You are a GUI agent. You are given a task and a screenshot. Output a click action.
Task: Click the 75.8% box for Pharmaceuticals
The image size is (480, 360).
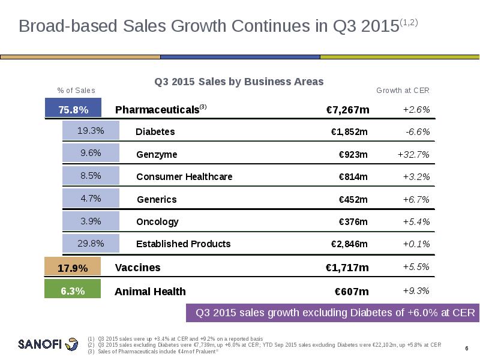point(73,109)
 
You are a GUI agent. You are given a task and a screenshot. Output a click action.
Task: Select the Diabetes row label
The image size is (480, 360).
point(155,131)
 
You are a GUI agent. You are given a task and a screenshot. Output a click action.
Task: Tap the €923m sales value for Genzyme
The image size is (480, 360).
point(353,154)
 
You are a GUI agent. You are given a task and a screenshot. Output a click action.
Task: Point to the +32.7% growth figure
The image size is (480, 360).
point(413,154)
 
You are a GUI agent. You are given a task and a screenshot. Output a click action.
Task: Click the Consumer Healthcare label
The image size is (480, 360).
point(184,176)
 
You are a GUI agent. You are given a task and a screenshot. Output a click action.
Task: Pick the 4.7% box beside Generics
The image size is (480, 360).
point(91,198)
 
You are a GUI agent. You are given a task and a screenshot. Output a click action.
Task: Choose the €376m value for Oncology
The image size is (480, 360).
point(353,221)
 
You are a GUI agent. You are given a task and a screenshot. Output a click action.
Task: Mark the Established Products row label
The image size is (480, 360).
point(183,244)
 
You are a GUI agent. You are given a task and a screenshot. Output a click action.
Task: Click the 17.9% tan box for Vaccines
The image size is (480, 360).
point(73,268)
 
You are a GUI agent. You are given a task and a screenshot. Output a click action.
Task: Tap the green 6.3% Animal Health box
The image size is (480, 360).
point(73,291)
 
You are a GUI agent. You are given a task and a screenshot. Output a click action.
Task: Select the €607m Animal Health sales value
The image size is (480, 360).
point(351,292)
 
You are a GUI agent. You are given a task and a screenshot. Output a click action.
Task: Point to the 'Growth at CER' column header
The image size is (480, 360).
point(403,91)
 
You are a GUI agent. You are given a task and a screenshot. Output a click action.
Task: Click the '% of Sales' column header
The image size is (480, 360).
point(76,91)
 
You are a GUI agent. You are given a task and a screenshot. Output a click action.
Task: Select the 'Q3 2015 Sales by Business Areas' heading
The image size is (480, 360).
point(239,81)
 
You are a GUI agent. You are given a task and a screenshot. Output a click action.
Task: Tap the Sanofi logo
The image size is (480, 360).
point(48,344)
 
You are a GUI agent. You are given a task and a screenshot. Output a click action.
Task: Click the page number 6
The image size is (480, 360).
point(466,349)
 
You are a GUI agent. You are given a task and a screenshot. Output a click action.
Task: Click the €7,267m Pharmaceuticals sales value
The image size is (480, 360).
point(347,110)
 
